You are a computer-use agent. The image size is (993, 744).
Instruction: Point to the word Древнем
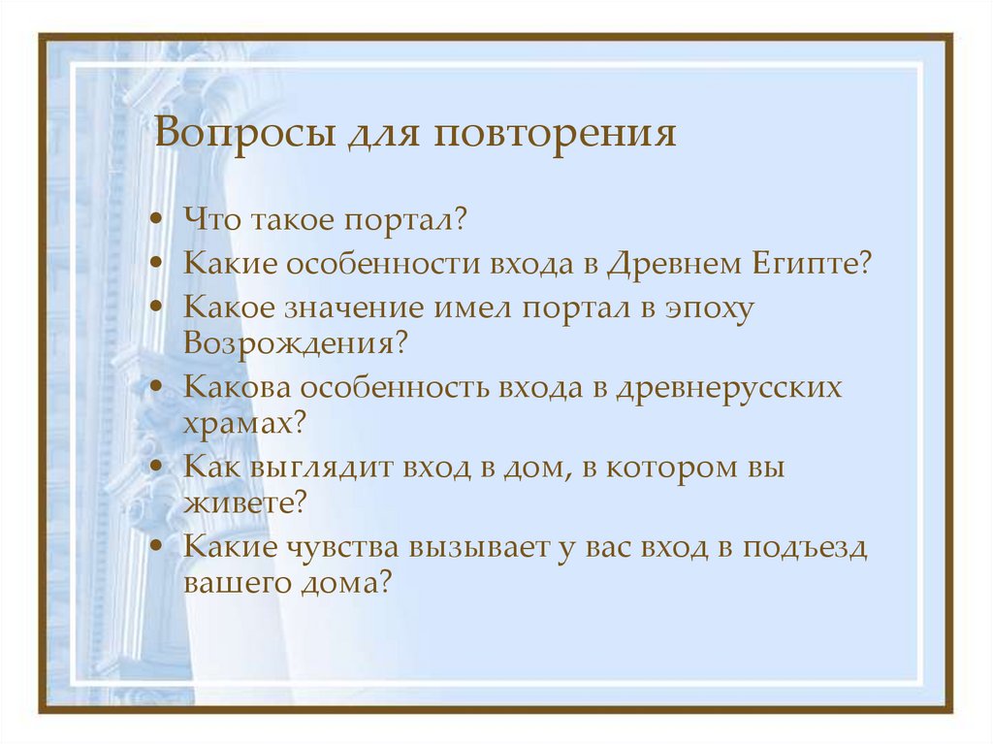point(676,265)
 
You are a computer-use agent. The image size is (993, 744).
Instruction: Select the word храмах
point(239,421)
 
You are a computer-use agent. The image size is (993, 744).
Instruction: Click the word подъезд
point(804,549)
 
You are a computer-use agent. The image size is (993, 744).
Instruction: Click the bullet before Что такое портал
point(158,222)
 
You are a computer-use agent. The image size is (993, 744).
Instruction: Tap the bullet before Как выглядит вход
point(158,469)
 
